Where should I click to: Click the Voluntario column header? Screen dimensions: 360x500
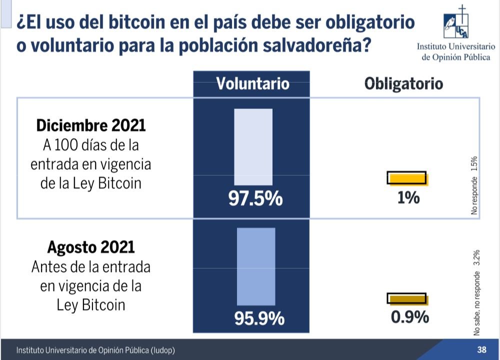252,83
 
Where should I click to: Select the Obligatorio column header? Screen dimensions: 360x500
403,83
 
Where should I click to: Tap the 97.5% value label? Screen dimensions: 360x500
255,198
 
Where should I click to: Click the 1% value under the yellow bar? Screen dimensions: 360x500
408,198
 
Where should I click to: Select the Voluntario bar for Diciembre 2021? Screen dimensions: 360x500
253,147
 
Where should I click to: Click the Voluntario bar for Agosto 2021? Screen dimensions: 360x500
256,266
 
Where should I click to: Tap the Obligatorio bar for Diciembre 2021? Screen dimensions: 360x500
407,178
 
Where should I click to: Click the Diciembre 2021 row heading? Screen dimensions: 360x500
90,125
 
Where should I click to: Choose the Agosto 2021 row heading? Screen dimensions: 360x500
90,247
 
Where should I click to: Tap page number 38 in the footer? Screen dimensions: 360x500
481,349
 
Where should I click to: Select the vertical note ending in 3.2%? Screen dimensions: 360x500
477,293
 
